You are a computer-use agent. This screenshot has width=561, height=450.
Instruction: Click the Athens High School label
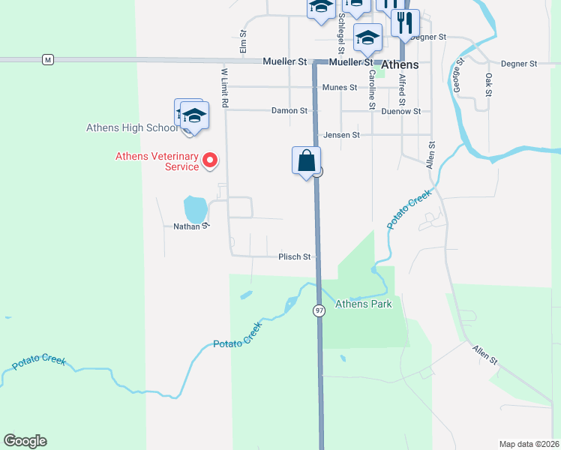click(132, 127)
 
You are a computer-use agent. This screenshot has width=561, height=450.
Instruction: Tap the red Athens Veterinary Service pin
click(211, 159)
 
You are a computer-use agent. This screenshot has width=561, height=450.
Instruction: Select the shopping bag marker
click(306, 161)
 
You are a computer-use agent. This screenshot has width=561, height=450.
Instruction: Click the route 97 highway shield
click(319, 310)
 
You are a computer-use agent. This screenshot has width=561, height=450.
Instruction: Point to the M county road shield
click(48, 59)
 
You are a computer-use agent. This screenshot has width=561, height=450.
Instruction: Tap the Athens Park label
click(363, 304)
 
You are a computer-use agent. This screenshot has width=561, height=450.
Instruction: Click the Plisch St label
click(295, 256)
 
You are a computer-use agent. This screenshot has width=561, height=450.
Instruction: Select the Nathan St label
click(190, 225)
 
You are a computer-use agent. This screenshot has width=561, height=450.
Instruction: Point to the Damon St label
click(289, 110)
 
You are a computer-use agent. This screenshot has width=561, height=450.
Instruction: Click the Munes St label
click(339, 88)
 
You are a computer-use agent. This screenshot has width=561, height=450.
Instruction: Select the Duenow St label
click(400, 111)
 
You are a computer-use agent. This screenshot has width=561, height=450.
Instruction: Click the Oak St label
click(488, 84)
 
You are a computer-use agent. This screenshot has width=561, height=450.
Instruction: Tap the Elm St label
click(243, 41)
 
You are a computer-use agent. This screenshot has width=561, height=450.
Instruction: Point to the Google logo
click(25, 441)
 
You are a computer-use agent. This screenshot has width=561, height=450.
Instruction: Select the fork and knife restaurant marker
click(405, 22)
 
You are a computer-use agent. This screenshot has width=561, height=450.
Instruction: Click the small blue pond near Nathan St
click(195, 209)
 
